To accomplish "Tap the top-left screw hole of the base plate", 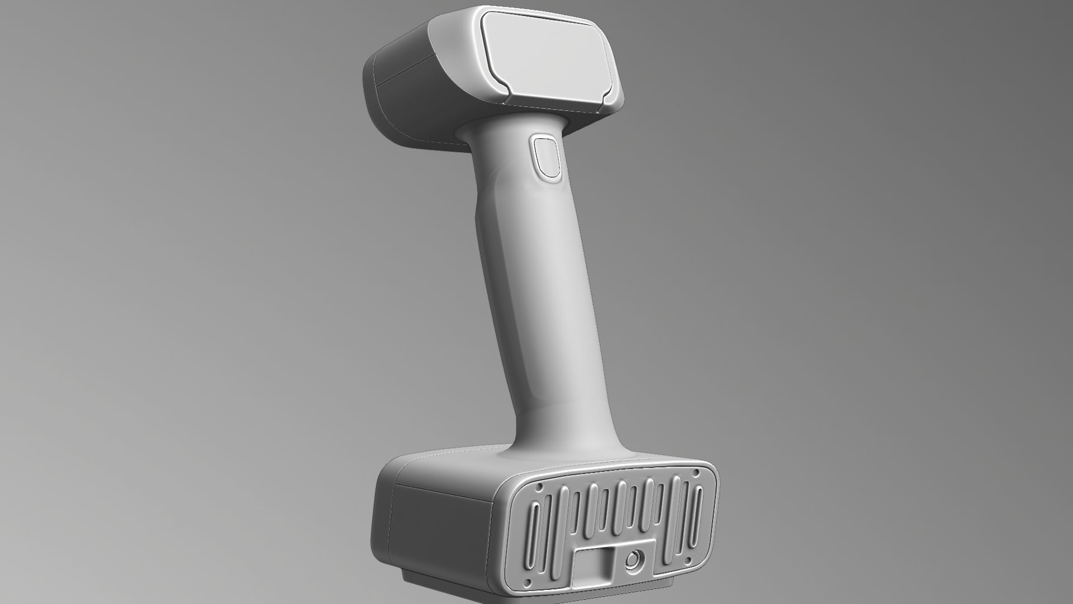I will coord(539,488).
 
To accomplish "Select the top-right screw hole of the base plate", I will coord(696,473).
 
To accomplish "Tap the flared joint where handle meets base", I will coord(564,442).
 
